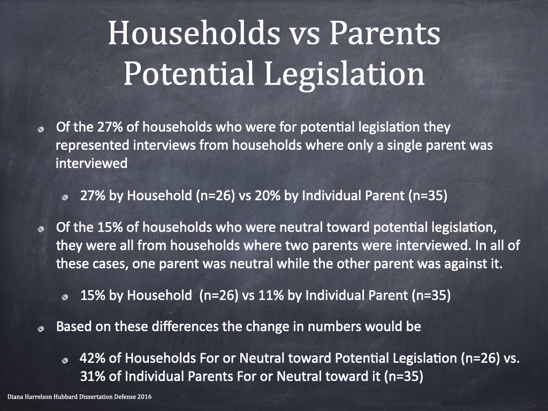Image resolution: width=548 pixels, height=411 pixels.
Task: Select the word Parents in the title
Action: [x=385, y=33]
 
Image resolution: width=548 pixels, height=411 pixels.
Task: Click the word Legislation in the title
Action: [x=344, y=74]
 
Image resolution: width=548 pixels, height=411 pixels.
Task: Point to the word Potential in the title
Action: [x=189, y=73]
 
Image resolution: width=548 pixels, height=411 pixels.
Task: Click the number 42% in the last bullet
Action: [x=93, y=358]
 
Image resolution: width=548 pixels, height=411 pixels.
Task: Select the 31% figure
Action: [x=93, y=376]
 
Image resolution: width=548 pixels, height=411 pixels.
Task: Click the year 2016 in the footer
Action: [x=144, y=397]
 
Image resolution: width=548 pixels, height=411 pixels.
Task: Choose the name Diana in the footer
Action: [x=14, y=397]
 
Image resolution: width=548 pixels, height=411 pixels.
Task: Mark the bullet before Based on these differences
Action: [x=41, y=329]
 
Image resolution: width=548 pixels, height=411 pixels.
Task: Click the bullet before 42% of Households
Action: [x=65, y=361]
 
